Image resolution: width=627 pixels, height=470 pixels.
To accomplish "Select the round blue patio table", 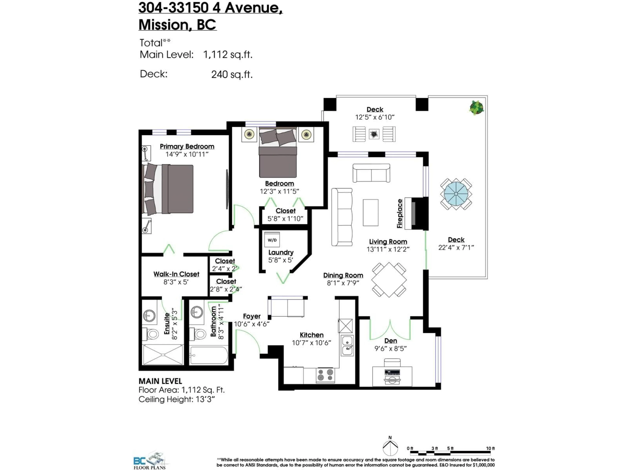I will (x=456, y=194).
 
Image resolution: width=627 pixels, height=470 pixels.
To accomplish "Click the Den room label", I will (x=391, y=341).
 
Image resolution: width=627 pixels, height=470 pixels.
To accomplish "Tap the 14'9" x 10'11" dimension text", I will (x=187, y=154).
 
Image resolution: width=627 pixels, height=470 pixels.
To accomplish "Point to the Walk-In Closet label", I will (x=176, y=274).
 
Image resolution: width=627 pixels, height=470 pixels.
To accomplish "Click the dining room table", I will (x=389, y=280).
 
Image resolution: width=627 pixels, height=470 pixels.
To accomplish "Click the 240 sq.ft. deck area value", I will (x=232, y=75).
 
